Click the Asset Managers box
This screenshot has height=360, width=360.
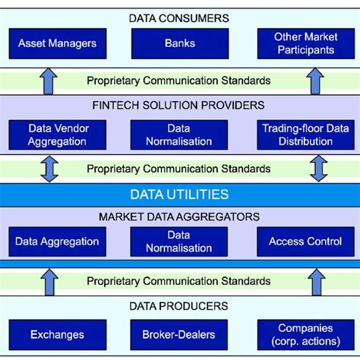click(57, 43)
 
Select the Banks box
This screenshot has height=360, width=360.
click(179, 43)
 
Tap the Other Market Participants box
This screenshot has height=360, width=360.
click(305, 43)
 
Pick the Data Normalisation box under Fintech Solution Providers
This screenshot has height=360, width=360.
click(179, 134)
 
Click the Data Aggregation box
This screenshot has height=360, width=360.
click(57, 242)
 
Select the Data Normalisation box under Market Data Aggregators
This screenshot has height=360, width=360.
click(179, 242)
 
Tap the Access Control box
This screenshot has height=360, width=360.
click(305, 242)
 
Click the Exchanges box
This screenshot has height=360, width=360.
click(57, 333)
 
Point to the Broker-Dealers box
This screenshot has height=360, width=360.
click(179, 333)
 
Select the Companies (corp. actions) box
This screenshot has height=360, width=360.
click(305, 333)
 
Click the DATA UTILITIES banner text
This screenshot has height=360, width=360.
click(179, 194)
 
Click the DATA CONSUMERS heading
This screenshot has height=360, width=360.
click(179, 17)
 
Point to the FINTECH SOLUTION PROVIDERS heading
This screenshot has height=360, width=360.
click(179, 105)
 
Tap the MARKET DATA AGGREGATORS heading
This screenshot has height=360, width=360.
click(179, 217)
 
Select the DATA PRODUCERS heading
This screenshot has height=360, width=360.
click(179, 306)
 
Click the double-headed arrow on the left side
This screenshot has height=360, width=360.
click(49, 169)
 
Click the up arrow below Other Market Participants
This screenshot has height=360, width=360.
click(317, 79)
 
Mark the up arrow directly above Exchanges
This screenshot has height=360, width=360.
click(49, 281)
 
